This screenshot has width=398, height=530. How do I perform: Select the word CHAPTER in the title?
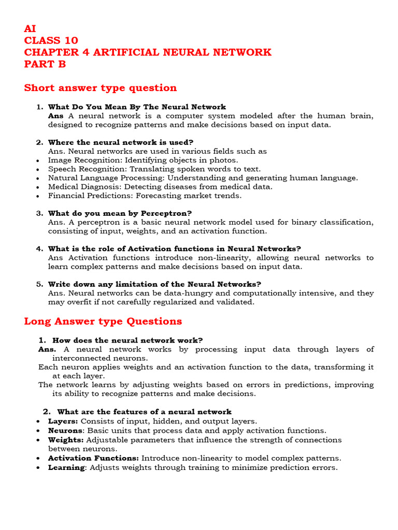[49, 52]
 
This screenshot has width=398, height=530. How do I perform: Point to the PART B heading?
[45, 64]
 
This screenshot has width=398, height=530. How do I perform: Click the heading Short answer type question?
[101, 87]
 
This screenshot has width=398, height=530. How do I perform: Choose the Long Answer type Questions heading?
[103, 321]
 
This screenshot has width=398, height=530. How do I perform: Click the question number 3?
[39, 213]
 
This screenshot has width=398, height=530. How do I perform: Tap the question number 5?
[39, 284]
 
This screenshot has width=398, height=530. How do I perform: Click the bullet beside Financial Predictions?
[39, 196]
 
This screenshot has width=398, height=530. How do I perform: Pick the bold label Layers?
[63, 421]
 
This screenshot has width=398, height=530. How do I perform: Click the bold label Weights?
[66, 440]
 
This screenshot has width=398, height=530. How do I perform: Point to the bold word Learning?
[66, 467]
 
